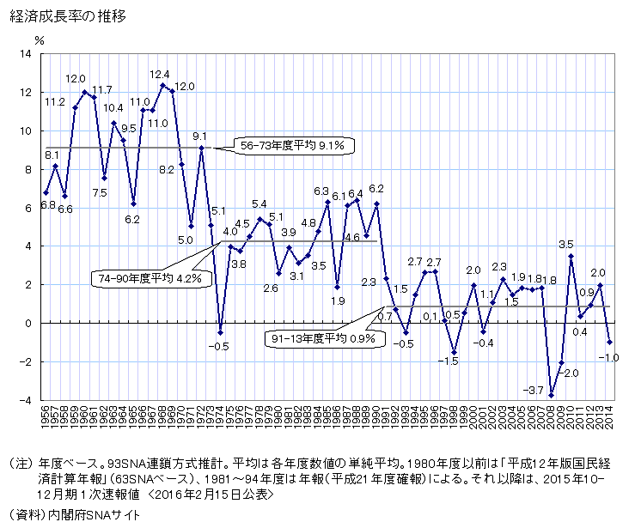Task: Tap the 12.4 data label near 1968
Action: click(160, 75)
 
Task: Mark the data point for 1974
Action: click(221, 332)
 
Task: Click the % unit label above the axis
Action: click(40, 39)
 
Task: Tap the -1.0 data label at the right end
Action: click(607, 357)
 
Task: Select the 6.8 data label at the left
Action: click(47, 205)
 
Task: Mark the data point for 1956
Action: click(46, 191)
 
